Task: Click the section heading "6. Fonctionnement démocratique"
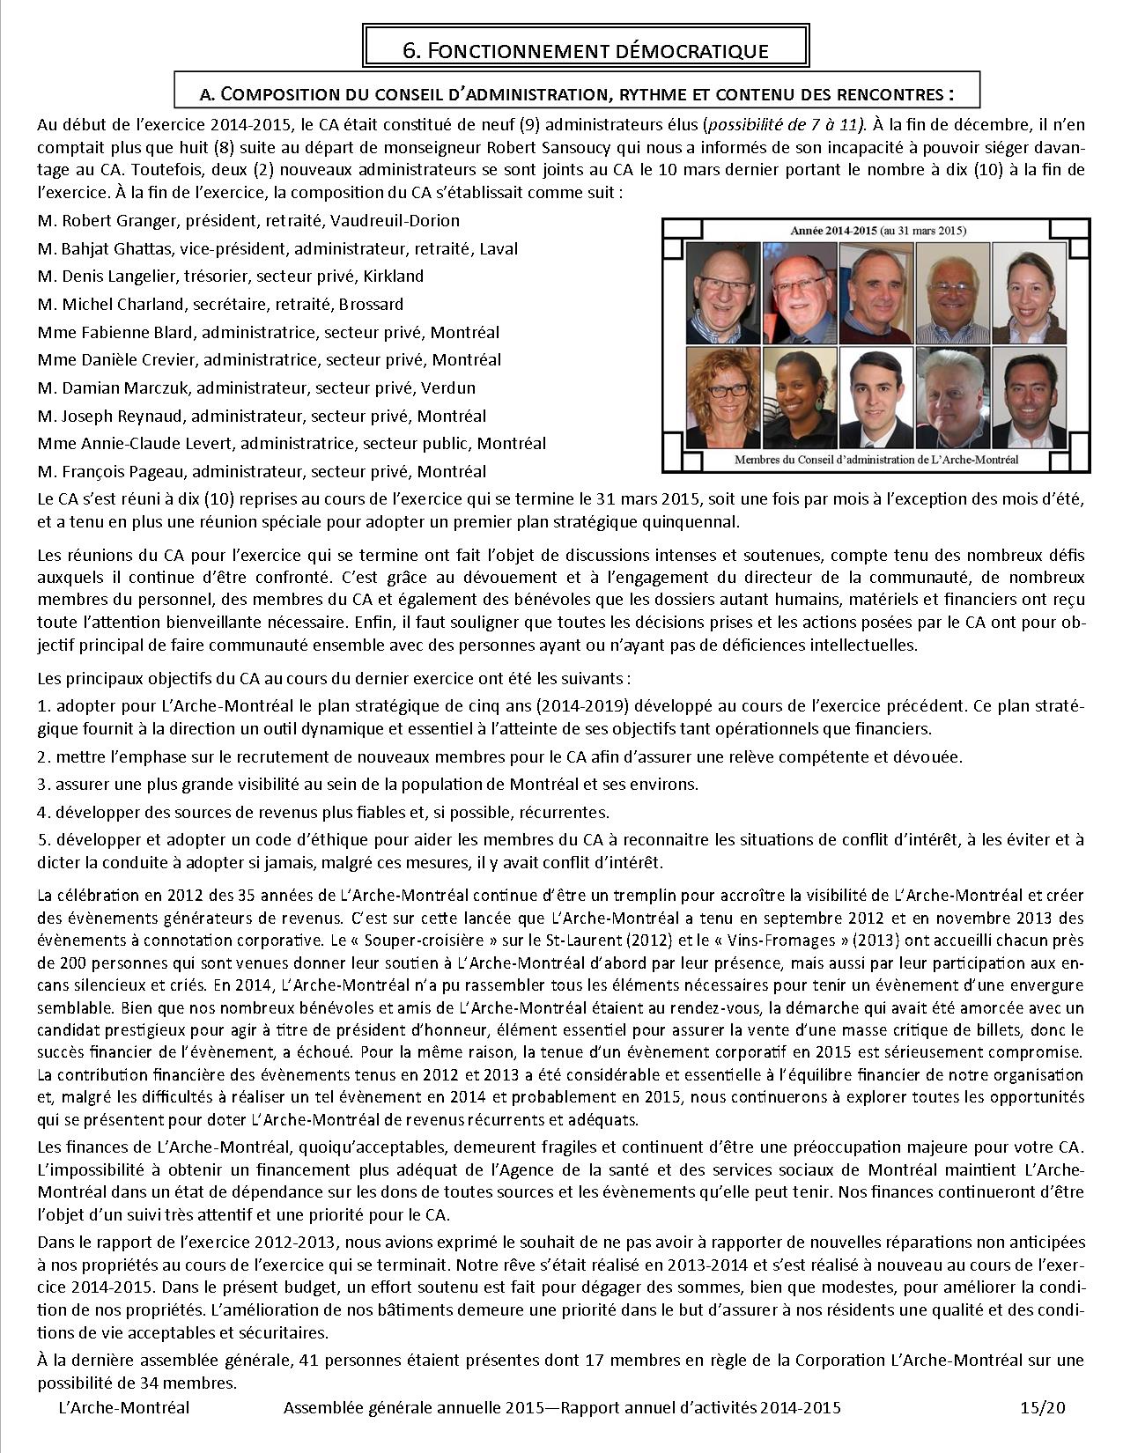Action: (585, 50)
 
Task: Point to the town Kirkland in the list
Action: (393, 276)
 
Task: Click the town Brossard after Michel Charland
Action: (373, 304)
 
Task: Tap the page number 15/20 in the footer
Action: (1045, 1407)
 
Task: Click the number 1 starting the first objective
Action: (42, 706)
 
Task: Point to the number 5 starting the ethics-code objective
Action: (42, 839)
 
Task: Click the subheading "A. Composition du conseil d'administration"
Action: (577, 92)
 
